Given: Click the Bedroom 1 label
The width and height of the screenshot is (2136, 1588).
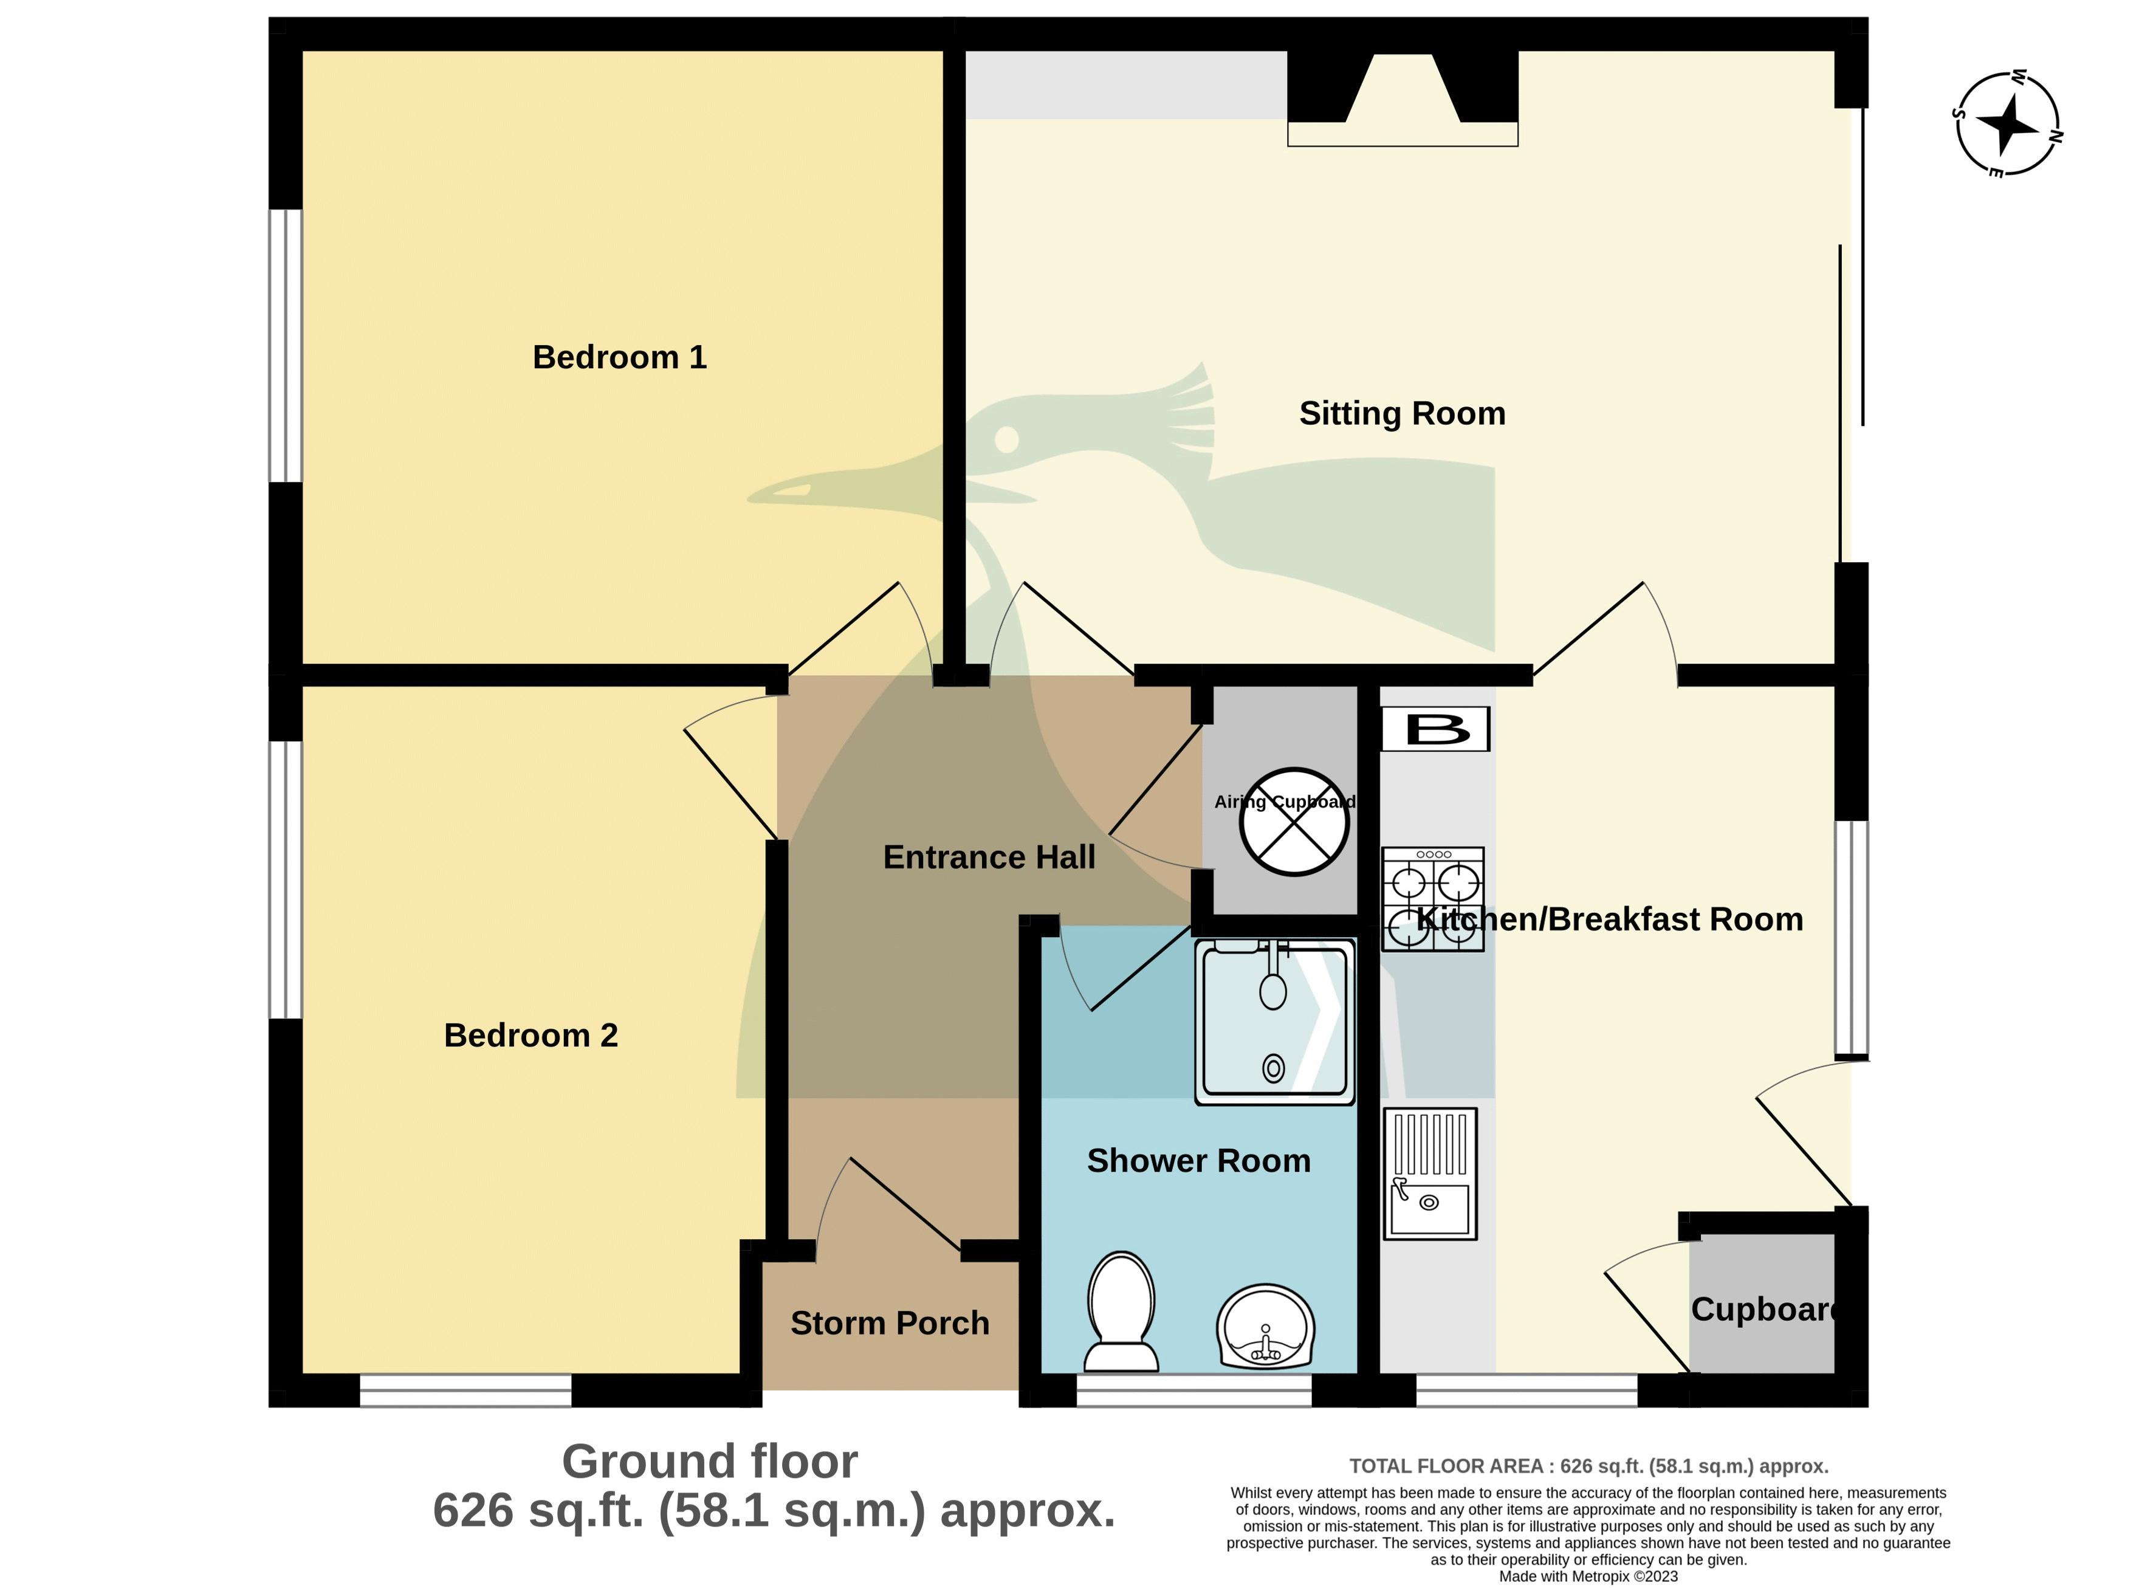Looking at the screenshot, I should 619,357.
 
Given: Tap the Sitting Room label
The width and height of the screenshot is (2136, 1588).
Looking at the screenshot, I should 1401,413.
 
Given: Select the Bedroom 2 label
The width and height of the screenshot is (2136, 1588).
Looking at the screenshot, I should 531,1036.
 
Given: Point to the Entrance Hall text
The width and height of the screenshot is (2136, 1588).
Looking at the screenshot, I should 988,858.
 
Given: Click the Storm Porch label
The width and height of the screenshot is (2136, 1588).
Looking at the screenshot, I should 889,1324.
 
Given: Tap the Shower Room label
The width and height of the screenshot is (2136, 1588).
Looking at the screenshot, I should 1198,1161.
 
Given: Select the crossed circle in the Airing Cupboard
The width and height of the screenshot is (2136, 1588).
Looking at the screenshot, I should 1294,822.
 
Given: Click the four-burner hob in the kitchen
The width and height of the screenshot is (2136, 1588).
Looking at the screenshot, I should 1432,899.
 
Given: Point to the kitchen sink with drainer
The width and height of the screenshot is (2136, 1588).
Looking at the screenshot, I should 1429,1174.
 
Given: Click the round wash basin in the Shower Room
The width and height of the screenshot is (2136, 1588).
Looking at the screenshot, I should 1265,1327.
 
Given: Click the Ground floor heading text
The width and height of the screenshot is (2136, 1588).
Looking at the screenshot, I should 709,1462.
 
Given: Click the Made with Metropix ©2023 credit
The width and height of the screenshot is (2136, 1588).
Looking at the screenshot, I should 1588,1576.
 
